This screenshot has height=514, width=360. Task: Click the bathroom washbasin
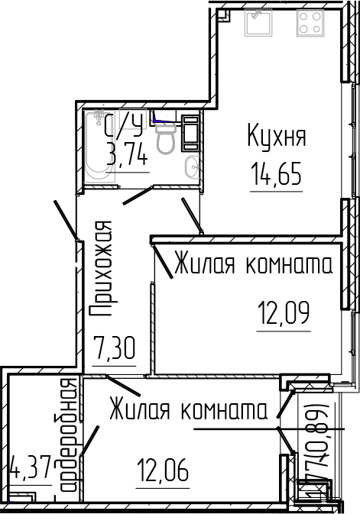192,166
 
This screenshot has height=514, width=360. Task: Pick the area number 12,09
284,312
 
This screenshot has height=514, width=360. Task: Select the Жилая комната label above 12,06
187,410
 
